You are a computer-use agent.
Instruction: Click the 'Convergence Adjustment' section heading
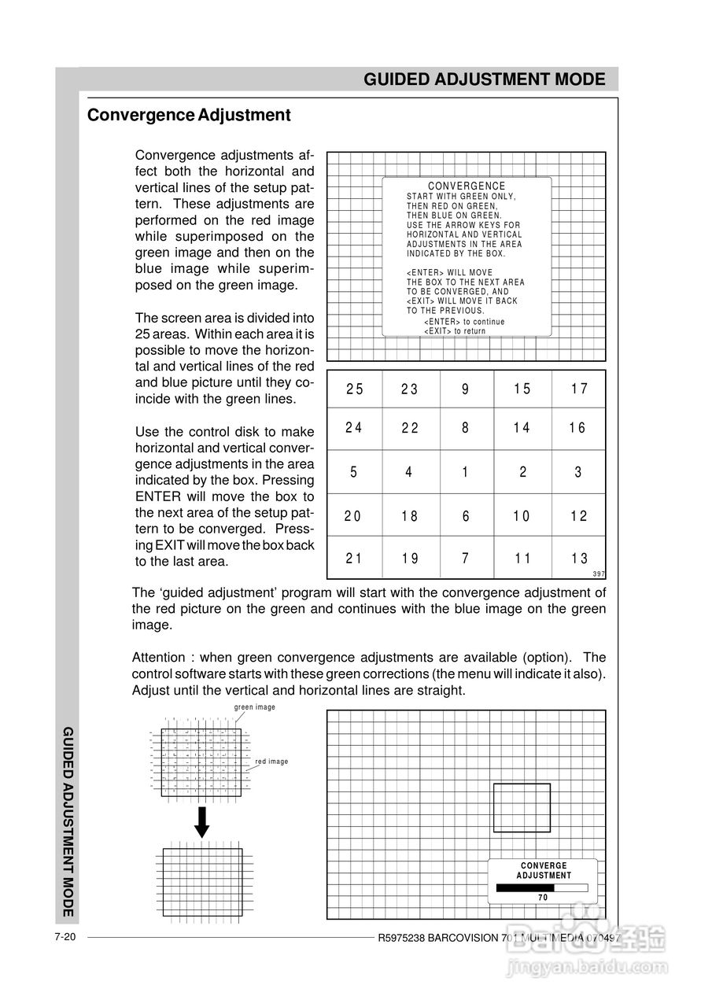(189, 115)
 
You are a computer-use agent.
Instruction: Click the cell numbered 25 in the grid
(355, 389)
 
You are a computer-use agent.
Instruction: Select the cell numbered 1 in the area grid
(466, 472)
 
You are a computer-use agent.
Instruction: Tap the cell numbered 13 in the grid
(579, 559)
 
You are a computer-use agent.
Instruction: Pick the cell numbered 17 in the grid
(579, 389)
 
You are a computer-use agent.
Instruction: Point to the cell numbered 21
(354, 559)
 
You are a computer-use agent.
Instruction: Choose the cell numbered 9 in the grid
(466, 389)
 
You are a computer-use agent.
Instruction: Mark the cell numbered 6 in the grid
(466, 516)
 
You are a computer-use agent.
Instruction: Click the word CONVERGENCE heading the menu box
(467, 186)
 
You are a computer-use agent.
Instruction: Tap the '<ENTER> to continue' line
(464, 322)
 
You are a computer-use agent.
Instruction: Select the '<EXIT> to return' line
(455, 331)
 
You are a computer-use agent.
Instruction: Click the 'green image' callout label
(255, 707)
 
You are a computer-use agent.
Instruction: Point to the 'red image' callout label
(271, 762)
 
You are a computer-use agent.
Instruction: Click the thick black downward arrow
(202, 822)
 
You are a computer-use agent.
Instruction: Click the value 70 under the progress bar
(543, 898)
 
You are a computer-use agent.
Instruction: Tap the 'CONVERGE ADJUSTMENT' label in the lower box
(544, 870)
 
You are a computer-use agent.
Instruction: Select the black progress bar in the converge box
(526, 887)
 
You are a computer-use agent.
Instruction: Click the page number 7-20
(65, 937)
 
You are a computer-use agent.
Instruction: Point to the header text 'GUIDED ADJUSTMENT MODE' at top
(485, 79)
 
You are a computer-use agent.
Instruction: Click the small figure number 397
(599, 574)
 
